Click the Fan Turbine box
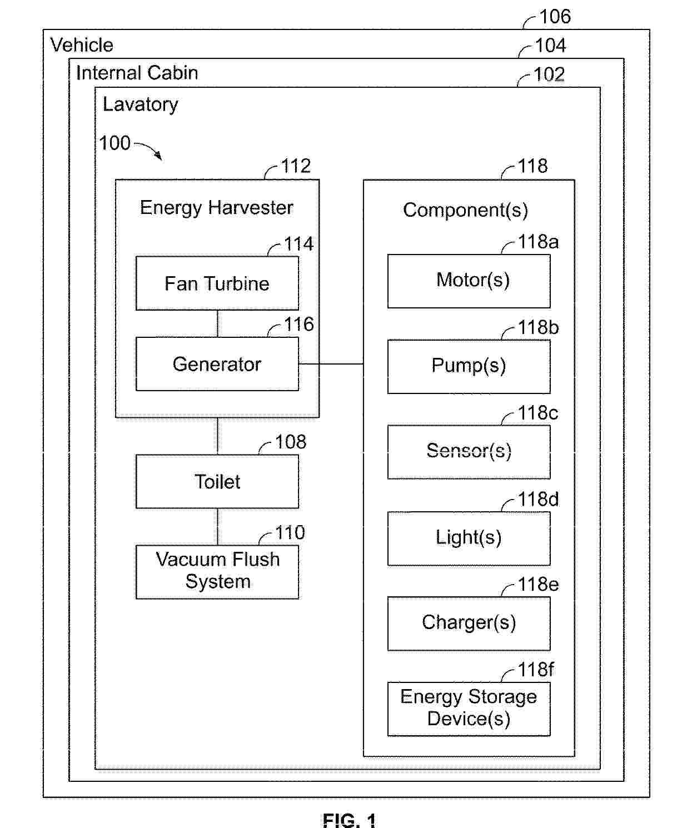point(217,283)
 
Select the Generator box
point(217,364)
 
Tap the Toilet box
point(217,481)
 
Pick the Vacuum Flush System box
point(217,572)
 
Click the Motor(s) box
point(469,281)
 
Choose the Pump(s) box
point(469,367)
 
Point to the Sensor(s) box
point(469,452)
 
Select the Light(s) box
point(469,538)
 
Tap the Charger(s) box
point(469,624)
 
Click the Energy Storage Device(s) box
point(469,709)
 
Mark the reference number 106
point(555,17)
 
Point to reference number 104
point(551,45)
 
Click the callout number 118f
point(536,670)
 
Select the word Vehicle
point(82,45)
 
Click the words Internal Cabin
point(137,73)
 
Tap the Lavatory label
point(141,104)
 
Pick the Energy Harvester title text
point(217,208)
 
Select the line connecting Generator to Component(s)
point(331,363)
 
